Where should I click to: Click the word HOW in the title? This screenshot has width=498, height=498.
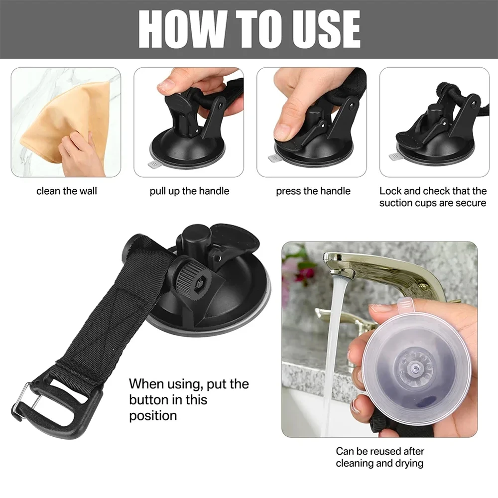[182, 29]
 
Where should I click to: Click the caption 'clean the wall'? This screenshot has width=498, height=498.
[66, 191]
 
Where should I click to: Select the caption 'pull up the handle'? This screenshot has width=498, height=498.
[189, 191]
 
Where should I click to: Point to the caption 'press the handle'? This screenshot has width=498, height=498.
[313, 191]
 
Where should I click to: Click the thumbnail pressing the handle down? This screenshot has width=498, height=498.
[311, 123]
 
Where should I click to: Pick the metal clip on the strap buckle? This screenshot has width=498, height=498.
[25, 401]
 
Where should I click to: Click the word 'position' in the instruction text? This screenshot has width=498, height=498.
[153, 416]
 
